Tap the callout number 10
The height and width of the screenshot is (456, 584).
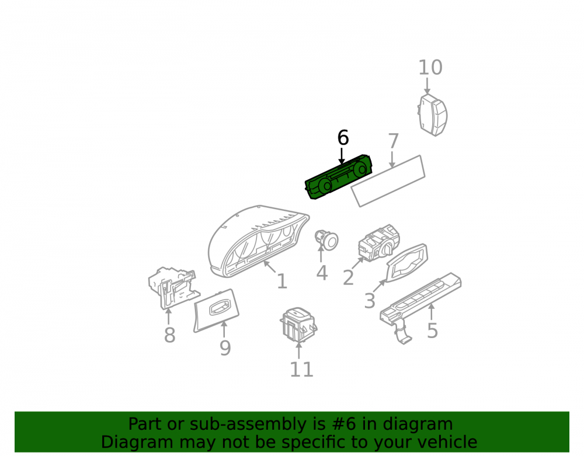tap(430, 67)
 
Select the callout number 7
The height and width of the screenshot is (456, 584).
tap(393, 141)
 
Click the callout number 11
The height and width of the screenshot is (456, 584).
tap(301, 369)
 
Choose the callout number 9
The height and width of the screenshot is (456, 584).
tap(225, 347)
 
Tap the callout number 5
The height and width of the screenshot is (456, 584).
tap(432, 330)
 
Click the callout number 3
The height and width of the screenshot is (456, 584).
tap(370, 301)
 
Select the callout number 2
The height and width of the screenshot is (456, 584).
tap(348, 278)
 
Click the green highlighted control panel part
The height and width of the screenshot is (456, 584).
tap(338, 177)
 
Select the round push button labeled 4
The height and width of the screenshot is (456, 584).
tap(326, 239)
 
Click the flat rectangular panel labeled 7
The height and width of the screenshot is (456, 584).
tap(388, 181)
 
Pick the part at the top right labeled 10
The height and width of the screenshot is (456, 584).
tap(432, 115)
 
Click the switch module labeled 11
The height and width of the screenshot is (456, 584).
tap(298, 325)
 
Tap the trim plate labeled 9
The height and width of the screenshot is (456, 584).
tap(216, 310)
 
